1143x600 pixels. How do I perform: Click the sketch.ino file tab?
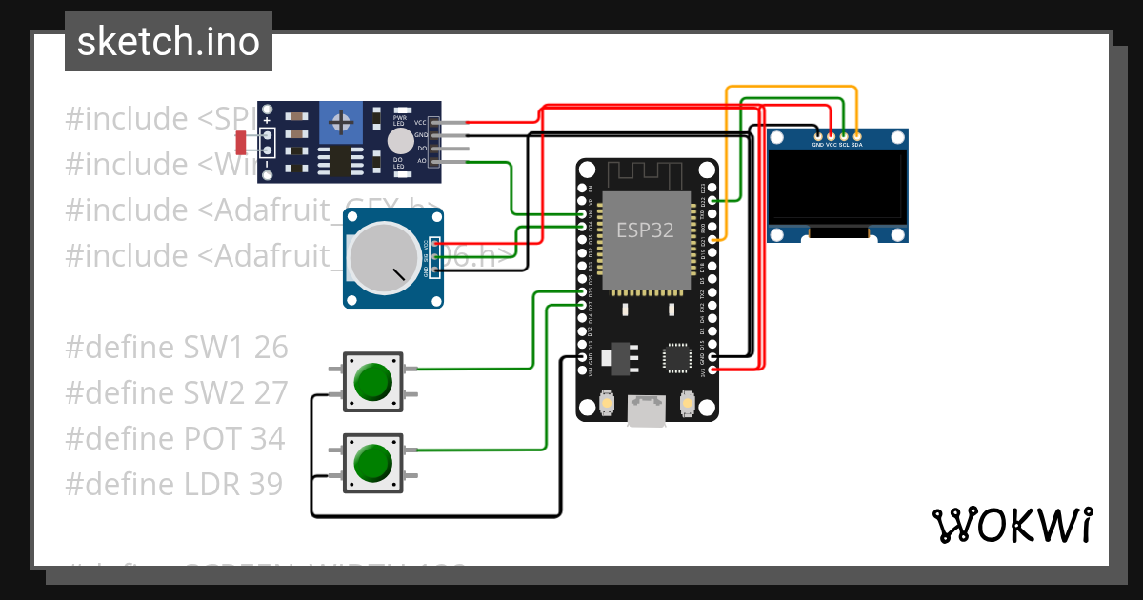[x=168, y=42]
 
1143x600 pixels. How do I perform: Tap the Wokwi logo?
[x=1012, y=525]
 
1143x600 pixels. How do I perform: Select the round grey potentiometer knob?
[x=381, y=256]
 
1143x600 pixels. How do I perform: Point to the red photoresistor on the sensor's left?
[x=242, y=143]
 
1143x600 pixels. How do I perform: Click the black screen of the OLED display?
[x=836, y=186]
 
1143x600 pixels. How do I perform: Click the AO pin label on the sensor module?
[x=420, y=161]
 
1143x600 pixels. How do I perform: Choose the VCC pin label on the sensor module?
[x=420, y=123]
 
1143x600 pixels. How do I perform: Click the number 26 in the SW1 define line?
[x=271, y=348]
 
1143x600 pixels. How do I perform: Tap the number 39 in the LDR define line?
[x=266, y=485]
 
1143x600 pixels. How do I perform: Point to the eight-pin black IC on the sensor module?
[x=340, y=161]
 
